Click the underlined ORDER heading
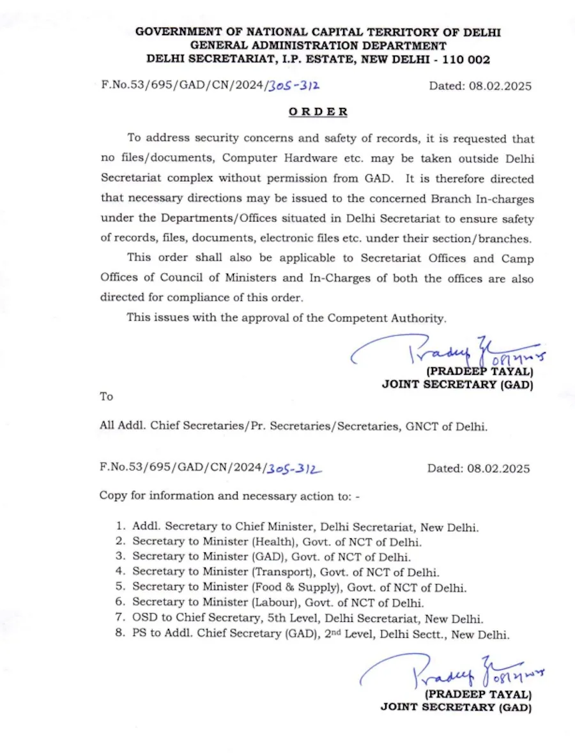pyautogui.click(x=318, y=112)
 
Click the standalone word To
pyautogui.click(x=106, y=397)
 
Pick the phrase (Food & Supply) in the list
pyautogui.click(x=287, y=587)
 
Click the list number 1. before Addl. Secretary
pyautogui.click(x=119, y=527)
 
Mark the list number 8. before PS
pyautogui.click(x=119, y=634)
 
